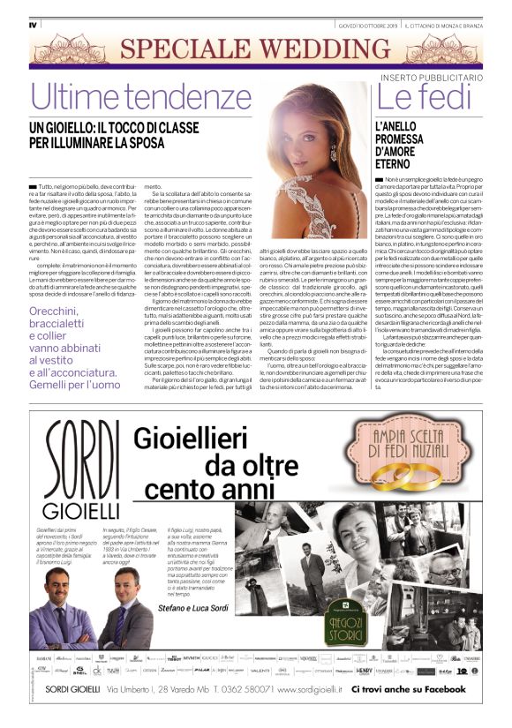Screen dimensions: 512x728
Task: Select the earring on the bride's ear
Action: pos(333,153)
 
